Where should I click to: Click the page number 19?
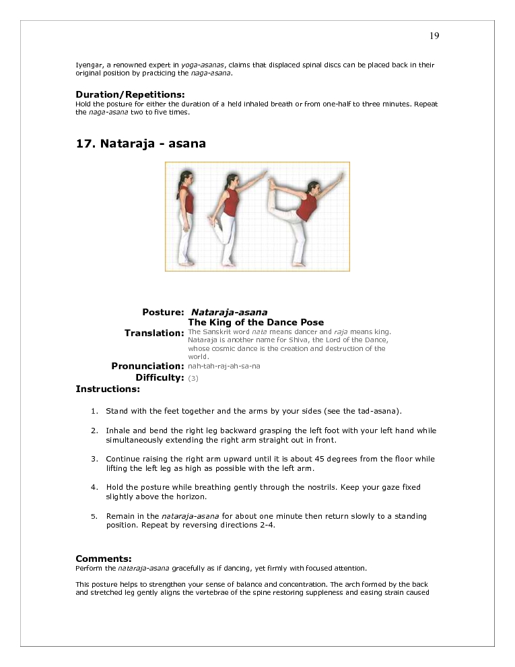(x=434, y=36)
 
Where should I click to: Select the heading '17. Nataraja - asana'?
(x=141, y=144)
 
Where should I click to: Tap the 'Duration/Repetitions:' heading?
(x=130, y=94)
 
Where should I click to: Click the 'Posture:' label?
(x=163, y=313)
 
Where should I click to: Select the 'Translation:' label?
(x=154, y=333)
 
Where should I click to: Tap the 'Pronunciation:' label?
(x=147, y=366)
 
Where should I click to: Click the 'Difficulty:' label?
(x=160, y=378)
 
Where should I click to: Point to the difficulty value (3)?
(x=193, y=379)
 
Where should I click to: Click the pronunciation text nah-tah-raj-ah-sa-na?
(x=224, y=367)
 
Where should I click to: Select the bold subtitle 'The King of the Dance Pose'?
(x=256, y=323)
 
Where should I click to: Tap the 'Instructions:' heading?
(x=108, y=389)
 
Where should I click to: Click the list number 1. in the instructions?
(x=94, y=411)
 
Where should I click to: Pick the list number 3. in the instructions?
(x=94, y=459)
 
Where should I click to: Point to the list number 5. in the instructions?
(x=94, y=517)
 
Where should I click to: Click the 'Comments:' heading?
(x=104, y=559)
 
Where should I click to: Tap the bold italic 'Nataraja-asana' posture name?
(x=229, y=313)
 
